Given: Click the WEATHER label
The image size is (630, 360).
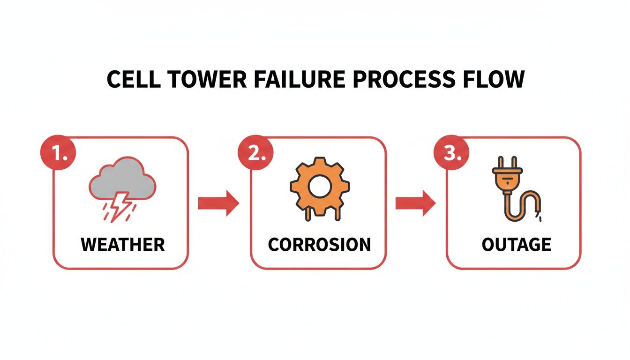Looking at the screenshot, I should (123, 245).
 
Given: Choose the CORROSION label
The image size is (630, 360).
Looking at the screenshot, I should (319, 245).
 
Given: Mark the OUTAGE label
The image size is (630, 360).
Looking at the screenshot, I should (516, 245).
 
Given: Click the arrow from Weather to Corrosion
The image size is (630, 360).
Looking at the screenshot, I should (218, 203).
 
